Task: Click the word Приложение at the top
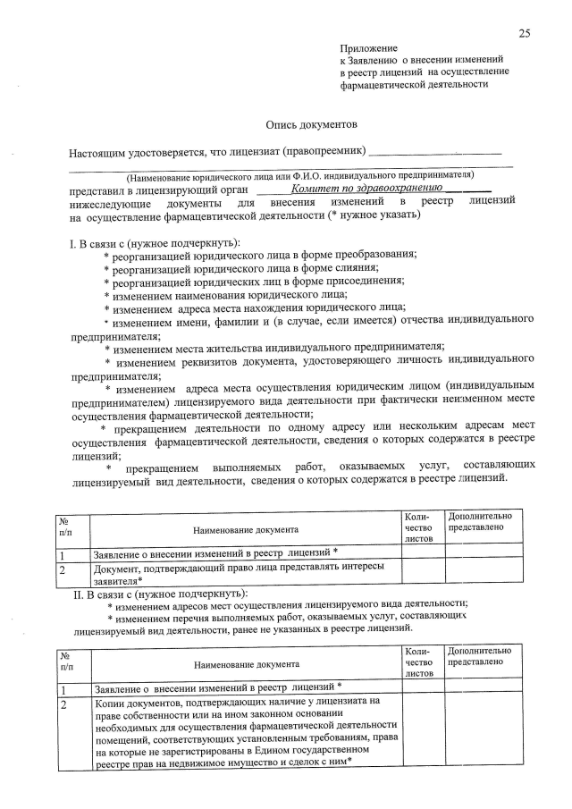(x=367, y=46)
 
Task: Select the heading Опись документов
(x=311, y=125)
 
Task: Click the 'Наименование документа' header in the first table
(x=244, y=530)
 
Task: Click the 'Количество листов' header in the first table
(x=418, y=528)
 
